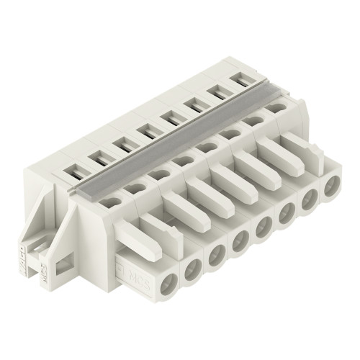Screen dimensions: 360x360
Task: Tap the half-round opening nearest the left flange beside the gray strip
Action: tap(108, 202)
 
